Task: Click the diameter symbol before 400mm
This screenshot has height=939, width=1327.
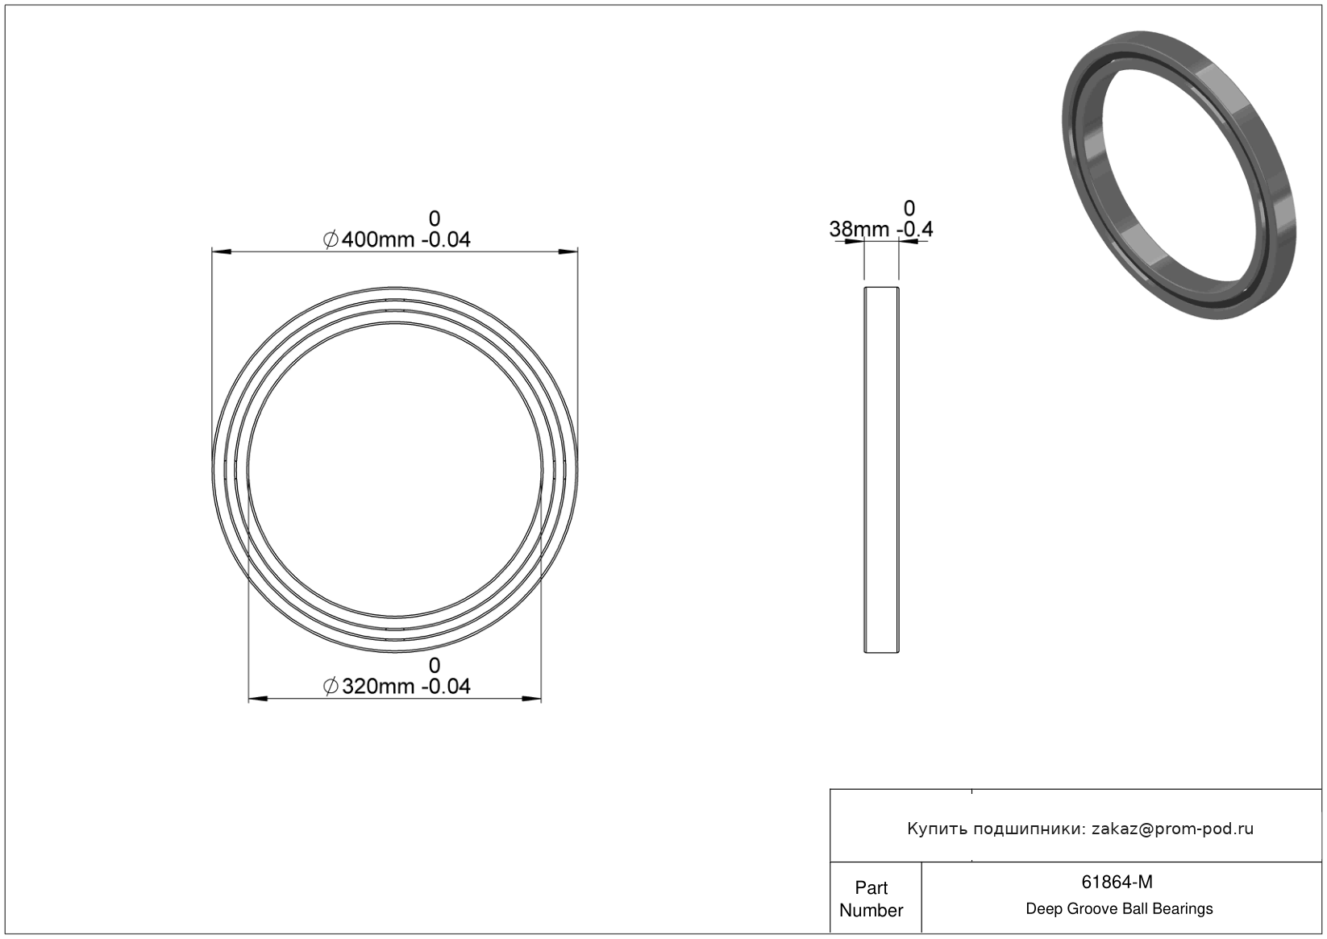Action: (x=331, y=239)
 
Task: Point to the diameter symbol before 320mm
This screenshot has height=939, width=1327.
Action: (x=331, y=686)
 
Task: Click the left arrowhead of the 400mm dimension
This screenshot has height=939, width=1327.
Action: (x=222, y=252)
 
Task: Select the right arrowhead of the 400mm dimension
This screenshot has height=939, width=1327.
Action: (x=568, y=252)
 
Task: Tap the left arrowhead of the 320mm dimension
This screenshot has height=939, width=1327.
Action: (x=258, y=699)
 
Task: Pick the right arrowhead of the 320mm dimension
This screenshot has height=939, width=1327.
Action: (x=531, y=699)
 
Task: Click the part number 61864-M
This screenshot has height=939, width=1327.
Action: (x=1117, y=882)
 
